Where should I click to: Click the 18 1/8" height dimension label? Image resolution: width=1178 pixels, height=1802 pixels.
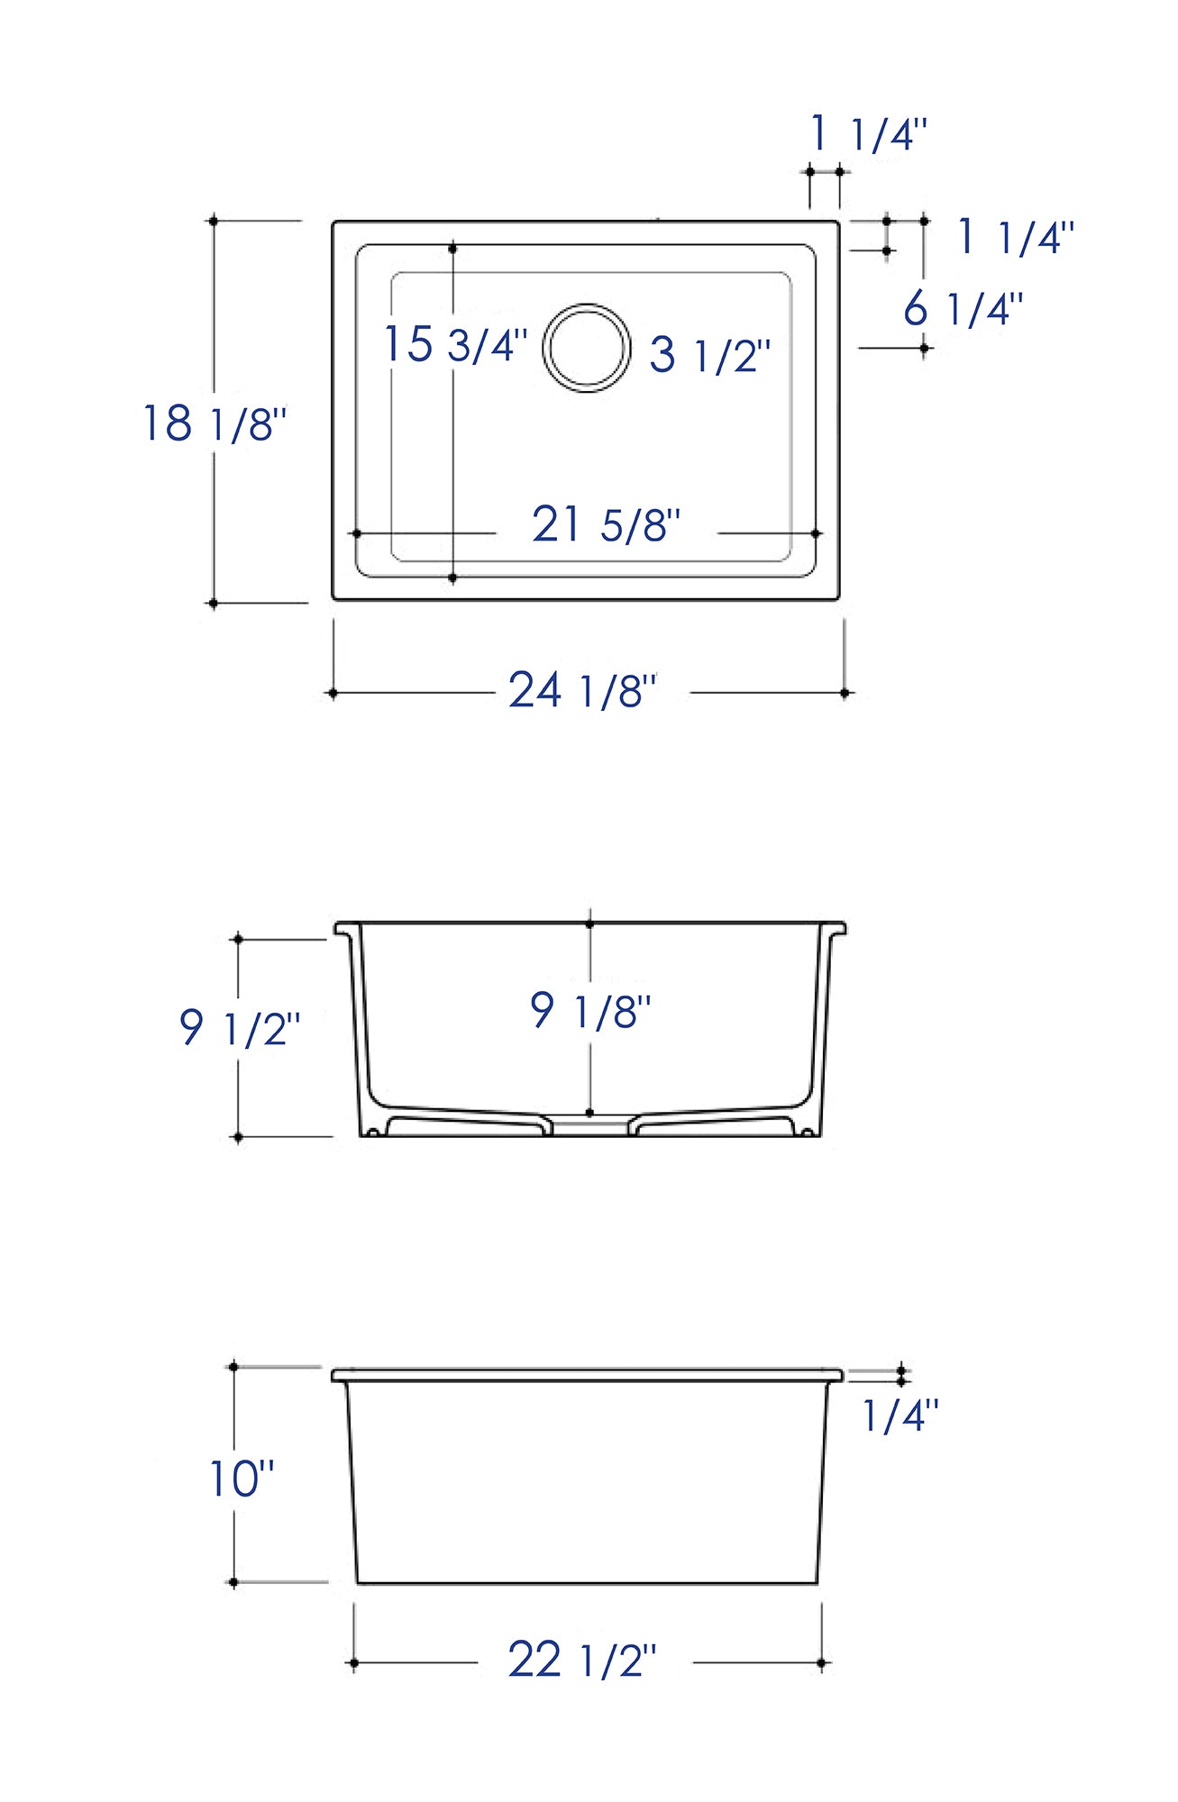pos(215,423)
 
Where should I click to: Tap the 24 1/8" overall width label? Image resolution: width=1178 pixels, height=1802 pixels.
pos(582,691)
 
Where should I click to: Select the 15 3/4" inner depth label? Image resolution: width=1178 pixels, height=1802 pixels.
pos(455,344)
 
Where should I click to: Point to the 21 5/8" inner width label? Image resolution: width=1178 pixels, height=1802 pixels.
pos(606,524)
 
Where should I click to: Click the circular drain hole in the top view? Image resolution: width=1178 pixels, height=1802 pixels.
pos(587,348)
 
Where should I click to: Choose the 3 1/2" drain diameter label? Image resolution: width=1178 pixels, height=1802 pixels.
pos(710,354)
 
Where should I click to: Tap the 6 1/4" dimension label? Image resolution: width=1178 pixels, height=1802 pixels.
pos(963,309)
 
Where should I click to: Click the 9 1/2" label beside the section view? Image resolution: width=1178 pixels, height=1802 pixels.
pos(239,1028)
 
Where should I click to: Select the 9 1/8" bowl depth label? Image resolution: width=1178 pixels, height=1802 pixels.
pos(590,1010)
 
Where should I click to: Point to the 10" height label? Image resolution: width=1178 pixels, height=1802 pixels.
pos(241,1479)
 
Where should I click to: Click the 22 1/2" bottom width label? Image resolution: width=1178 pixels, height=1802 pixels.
pos(582,1660)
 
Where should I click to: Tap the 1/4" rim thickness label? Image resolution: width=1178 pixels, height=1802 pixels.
pos(899,1415)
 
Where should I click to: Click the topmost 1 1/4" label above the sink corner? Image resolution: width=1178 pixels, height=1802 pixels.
pos(868,134)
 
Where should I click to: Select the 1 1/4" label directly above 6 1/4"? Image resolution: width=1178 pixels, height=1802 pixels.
pos(1015,237)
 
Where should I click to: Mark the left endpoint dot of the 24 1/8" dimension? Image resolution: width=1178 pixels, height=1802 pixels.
pos(333,693)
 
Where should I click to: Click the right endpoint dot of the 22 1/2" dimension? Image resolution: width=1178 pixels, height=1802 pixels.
pos(821,1663)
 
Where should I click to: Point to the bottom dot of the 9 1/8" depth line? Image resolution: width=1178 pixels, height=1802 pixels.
pos(589,1113)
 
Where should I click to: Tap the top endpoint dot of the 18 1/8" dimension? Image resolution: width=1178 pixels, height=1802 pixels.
pos(214,221)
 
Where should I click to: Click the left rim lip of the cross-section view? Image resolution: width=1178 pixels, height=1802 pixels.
pos(343,928)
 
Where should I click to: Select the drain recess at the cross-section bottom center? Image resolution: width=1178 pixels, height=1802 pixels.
pos(589,1127)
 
